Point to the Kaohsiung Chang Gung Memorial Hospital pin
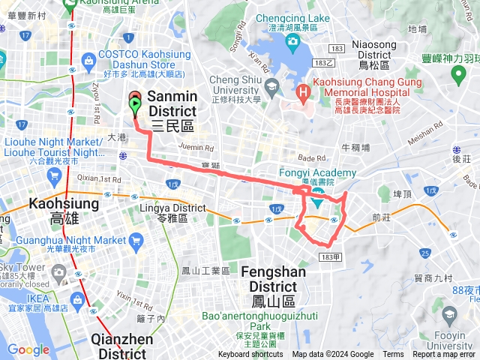[x=303, y=94]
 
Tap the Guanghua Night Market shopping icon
[x=136, y=241]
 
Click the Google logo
[x=28, y=349]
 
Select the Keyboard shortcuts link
[x=250, y=355]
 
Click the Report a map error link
[x=444, y=355]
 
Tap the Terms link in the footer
[x=393, y=355]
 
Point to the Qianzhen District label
[x=122, y=346]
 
